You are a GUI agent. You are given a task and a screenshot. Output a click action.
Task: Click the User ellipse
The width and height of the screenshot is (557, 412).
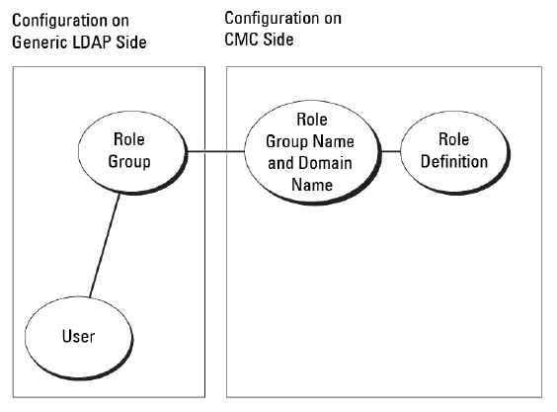click(78, 338)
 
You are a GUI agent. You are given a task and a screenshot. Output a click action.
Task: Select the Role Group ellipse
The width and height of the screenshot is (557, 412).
click(132, 152)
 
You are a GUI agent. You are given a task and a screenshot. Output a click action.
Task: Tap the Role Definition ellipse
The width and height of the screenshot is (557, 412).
click(455, 152)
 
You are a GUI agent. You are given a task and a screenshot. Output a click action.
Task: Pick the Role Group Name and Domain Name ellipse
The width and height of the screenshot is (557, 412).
click(313, 152)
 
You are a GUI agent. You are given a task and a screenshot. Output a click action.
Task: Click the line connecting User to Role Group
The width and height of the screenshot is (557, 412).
click(105, 245)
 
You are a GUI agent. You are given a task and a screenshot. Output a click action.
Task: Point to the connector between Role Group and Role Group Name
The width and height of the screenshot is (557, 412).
click(215, 152)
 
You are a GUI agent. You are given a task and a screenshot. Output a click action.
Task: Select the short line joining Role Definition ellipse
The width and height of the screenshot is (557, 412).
click(391, 151)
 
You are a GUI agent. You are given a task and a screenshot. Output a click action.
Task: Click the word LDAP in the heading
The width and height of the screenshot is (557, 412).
click(91, 42)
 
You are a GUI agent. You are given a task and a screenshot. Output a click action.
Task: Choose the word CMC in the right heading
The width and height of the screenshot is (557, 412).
click(242, 39)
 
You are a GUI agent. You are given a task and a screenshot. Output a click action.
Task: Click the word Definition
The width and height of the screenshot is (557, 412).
click(454, 161)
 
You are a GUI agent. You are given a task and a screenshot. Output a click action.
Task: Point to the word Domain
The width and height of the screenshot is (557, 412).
click(325, 163)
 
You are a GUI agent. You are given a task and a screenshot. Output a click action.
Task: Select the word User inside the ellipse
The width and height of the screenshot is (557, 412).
click(78, 336)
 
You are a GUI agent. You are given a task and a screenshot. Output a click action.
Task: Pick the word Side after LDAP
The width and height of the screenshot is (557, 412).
click(130, 42)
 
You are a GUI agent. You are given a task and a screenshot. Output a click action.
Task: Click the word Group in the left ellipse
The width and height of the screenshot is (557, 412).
click(129, 162)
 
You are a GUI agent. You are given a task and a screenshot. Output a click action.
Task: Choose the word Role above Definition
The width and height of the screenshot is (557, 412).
click(454, 139)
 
